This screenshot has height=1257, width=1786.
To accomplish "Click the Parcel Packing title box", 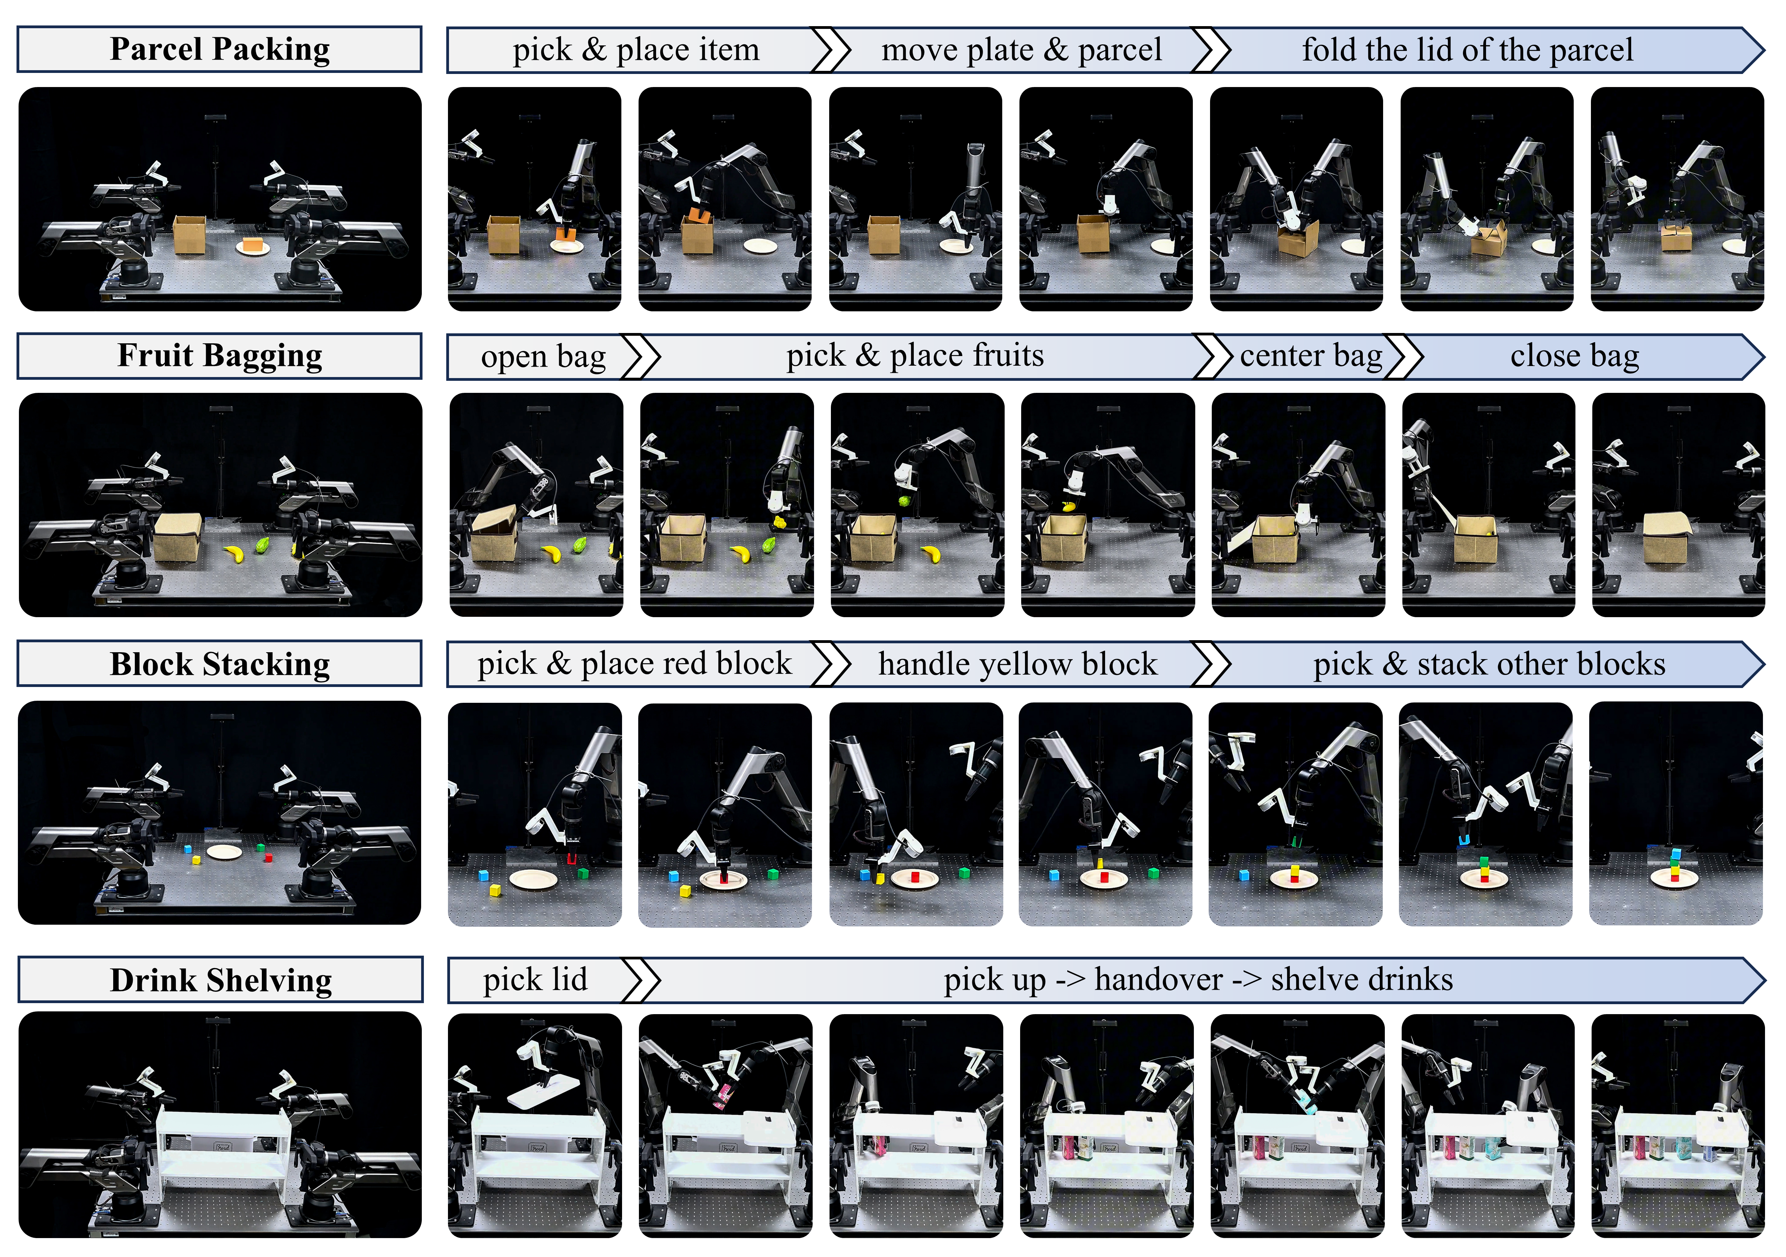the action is [x=220, y=49].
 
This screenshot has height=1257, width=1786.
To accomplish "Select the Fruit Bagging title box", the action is [x=220, y=355].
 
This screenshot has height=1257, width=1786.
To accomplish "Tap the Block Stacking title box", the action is [x=220, y=664].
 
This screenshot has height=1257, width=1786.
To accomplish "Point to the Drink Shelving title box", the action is [x=220, y=979].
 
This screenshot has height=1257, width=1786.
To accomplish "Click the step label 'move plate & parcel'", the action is [x=1022, y=50].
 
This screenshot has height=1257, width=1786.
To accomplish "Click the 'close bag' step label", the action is [x=1574, y=356].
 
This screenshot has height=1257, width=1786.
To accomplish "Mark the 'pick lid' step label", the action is [x=535, y=979].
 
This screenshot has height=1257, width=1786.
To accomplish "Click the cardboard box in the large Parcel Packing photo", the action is [x=190, y=235].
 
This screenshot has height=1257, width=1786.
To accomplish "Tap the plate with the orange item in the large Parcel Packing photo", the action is [x=253, y=247].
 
